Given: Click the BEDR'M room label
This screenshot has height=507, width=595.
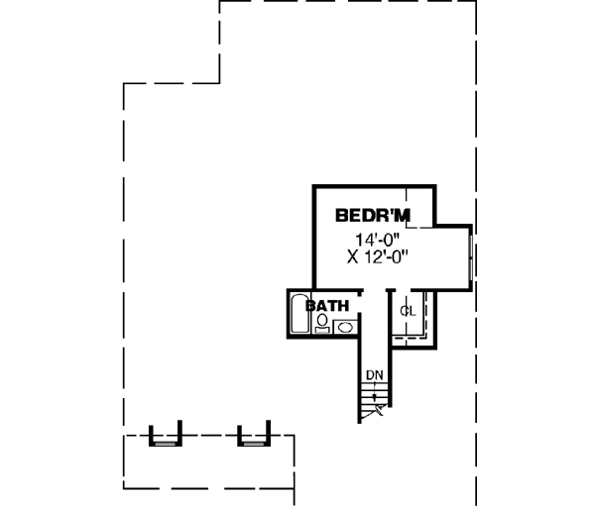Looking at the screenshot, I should click(x=372, y=214).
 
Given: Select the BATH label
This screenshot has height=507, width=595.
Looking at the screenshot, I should click(x=327, y=307).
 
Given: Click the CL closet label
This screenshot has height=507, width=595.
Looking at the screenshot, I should click(x=407, y=311).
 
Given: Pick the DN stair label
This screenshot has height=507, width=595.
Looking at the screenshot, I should click(x=374, y=374).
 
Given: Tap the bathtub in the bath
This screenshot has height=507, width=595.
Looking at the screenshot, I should click(x=299, y=315).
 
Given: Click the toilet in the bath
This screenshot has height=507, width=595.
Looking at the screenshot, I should click(x=321, y=326).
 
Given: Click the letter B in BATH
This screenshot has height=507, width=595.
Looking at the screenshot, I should click(x=310, y=307).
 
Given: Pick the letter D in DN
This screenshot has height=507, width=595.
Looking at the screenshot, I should click(x=369, y=374).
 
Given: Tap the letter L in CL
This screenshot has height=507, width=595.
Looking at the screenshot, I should click(x=411, y=311).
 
